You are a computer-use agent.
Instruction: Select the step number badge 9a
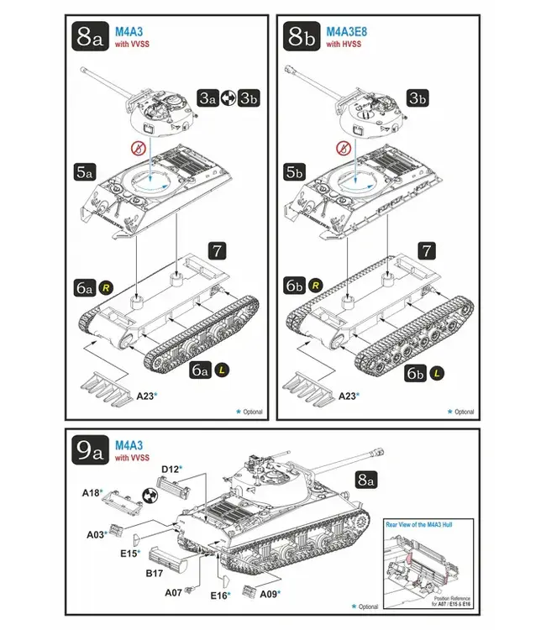(x=90, y=452)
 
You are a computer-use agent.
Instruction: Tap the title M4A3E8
(x=345, y=31)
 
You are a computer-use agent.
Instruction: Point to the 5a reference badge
(x=83, y=171)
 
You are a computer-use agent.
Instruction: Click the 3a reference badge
(x=207, y=98)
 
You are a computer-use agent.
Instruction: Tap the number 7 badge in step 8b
(x=427, y=250)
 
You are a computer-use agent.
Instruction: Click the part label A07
(x=174, y=592)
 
